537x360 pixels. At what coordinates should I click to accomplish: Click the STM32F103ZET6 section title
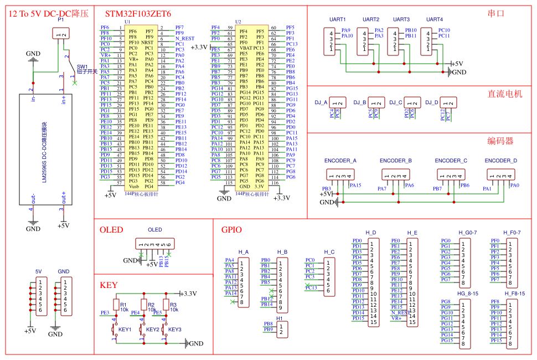[x=135, y=13]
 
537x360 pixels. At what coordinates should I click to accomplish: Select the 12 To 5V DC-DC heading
[x=49, y=13]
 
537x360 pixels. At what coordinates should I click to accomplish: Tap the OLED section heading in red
[x=111, y=230]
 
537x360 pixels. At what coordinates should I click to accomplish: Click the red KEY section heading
[x=109, y=285]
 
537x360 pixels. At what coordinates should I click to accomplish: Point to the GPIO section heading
[x=231, y=230]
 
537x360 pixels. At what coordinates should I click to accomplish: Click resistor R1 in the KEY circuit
[x=116, y=305]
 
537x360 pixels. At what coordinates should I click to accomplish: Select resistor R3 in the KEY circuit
[x=165, y=305]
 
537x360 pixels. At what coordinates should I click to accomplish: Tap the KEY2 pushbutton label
[x=152, y=330]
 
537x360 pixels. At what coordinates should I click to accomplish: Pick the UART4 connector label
[x=435, y=19]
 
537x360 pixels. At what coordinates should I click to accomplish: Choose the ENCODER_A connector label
[x=340, y=161]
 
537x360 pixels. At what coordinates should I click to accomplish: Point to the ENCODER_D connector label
[x=500, y=161]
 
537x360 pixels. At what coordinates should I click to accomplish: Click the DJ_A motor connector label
[x=321, y=102]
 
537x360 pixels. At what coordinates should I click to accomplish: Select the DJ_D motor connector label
[x=433, y=102]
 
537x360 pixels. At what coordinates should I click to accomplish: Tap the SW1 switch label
[x=82, y=66]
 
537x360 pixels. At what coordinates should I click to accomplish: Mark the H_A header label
[x=244, y=252]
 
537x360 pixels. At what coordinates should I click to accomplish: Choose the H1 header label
[x=280, y=318]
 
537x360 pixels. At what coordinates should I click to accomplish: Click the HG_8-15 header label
[x=467, y=294]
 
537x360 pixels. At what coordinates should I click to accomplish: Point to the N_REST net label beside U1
[x=185, y=39]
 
